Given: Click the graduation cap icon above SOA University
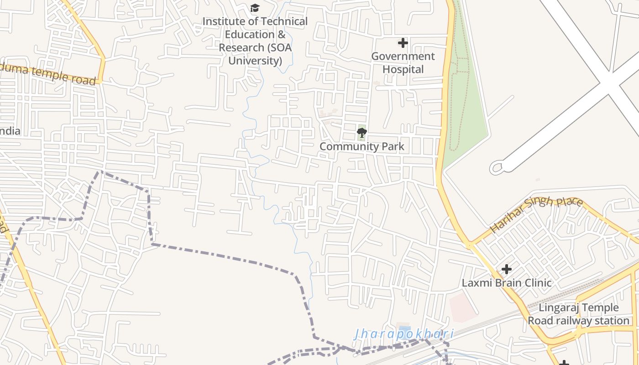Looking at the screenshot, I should pyautogui.click(x=255, y=8).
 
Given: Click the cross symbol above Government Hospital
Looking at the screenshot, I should pyautogui.click(x=403, y=43).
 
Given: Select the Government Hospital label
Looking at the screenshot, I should pyautogui.click(x=403, y=63).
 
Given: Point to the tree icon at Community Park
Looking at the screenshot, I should pyautogui.click(x=361, y=133).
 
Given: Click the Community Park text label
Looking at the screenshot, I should pyautogui.click(x=361, y=146).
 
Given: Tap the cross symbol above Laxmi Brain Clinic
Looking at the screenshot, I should pyautogui.click(x=506, y=269).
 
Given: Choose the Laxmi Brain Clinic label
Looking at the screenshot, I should pyautogui.click(x=507, y=283).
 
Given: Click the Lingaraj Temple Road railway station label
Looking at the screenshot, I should pyautogui.click(x=579, y=314).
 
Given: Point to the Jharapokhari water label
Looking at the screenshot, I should pyautogui.click(x=404, y=334).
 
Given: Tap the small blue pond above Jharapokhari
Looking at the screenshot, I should pyautogui.click(x=404, y=328).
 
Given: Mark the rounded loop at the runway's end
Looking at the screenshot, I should pyautogui.click(x=497, y=167).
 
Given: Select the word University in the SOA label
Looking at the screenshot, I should pyautogui.click(x=255, y=61).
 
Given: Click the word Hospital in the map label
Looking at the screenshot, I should pyautogui.click(x=403, y=69).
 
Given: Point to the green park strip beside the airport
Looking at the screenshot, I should pyautogui.click(x=466, y=114).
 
